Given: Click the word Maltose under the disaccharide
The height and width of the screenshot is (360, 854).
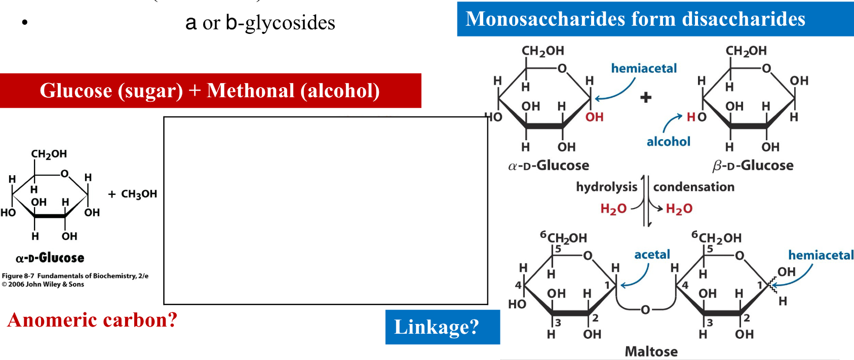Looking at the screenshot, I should pos(651,351).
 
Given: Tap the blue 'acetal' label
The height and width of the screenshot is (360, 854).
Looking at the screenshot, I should pos(652,255).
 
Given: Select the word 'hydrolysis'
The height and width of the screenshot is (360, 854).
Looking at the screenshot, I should pos(606,187).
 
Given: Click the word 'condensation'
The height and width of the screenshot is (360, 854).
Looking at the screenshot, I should pos(693,187).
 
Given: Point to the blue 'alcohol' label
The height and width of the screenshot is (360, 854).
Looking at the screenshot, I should pos(668,142).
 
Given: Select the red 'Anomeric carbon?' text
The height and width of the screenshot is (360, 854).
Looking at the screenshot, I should pos(92,320).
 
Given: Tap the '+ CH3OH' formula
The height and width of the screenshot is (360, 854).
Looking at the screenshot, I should pos(133,194).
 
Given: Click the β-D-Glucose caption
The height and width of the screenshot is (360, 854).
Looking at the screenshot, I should pos(753,165).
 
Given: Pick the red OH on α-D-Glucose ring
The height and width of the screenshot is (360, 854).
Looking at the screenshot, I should pos(594,117).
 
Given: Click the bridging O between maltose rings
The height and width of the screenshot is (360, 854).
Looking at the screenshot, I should pos(645,309).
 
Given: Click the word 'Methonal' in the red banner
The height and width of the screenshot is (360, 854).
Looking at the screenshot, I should pos(250,91).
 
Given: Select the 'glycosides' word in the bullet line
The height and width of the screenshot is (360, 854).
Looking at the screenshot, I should pos(290,23).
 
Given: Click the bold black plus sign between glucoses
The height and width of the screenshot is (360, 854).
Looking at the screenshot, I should pos(646,97).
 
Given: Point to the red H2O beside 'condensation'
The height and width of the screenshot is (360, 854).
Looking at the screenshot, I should pos(679,209).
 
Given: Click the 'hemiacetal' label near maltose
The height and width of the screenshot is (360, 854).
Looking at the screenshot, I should pos(821,255).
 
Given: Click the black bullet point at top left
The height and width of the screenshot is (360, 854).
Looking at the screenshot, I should pos(24,23).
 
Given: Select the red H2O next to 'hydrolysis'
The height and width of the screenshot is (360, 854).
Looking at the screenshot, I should pos(613,209).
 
